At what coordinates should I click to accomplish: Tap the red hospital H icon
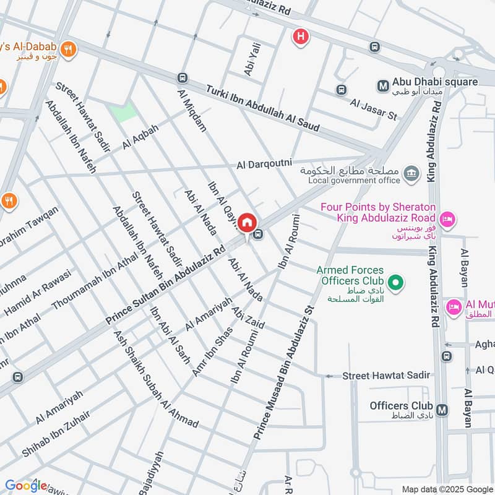(301, 37)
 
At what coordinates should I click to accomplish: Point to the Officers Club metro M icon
(442, 410)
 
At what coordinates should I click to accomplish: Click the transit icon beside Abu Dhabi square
(383, 82)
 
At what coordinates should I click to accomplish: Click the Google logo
(26, 486)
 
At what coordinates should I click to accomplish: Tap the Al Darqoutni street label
(264, 165)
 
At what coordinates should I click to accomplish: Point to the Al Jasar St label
(373, 110)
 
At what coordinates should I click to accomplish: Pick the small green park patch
(122, 112)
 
